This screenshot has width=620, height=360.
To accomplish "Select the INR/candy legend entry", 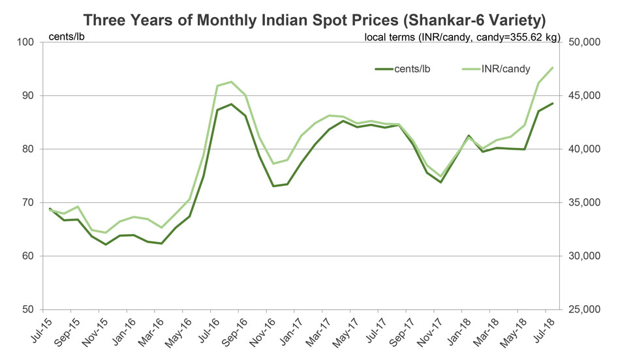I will click(505, 68).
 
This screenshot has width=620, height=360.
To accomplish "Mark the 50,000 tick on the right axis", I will click(585, 42).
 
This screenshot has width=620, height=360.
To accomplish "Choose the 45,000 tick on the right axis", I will click(585, 96).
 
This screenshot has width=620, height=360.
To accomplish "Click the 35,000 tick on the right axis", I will click(585, 203).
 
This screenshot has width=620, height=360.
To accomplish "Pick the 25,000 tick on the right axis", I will click(585, 309).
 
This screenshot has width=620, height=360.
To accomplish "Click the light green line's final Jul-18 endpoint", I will click(553, 68).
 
